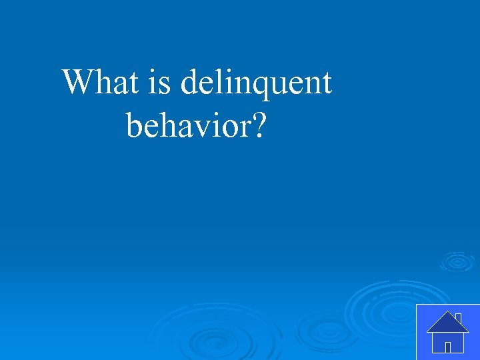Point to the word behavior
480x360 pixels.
pos(185,124)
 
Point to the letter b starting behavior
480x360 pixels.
pos(133,124)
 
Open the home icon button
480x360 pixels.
pos(447,331)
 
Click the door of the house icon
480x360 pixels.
pos(448,347)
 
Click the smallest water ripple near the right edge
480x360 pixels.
pos(457,261)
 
